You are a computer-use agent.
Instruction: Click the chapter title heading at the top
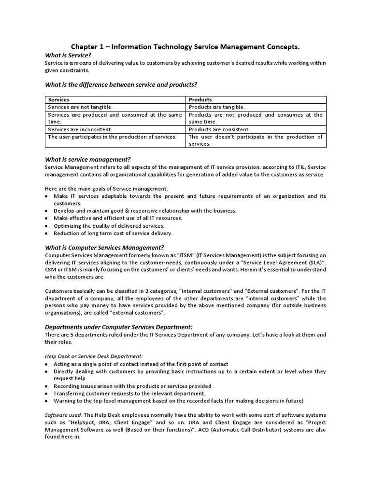185,47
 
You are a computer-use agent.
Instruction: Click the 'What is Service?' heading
68,55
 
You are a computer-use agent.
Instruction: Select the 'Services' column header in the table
58,100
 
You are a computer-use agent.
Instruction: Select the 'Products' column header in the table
200,100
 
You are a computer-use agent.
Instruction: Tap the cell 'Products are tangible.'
216,107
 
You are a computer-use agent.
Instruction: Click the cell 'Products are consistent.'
219,129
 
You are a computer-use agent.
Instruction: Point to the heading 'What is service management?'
87,159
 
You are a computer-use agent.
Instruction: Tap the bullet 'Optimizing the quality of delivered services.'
109,226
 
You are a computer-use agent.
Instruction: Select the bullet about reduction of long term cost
113,233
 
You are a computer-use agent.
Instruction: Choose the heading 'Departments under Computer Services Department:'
119,327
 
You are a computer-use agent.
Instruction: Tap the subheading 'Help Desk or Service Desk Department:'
94,356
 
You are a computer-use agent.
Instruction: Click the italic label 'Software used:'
62,415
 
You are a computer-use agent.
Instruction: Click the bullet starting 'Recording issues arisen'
132,386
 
